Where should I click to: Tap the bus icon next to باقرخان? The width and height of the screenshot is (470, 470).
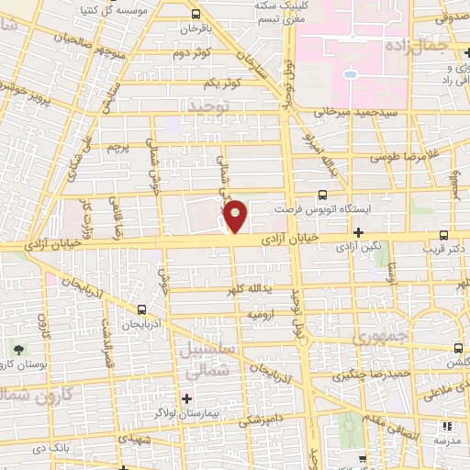(x=196, y=14)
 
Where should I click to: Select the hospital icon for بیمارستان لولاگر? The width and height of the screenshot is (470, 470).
(x=186, y=397)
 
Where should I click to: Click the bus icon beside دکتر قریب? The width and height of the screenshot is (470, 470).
(x=443, y=235)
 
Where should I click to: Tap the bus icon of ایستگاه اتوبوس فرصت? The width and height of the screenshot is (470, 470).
(x=321, y=195)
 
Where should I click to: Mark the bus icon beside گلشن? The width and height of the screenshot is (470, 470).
(x=458, y=348)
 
